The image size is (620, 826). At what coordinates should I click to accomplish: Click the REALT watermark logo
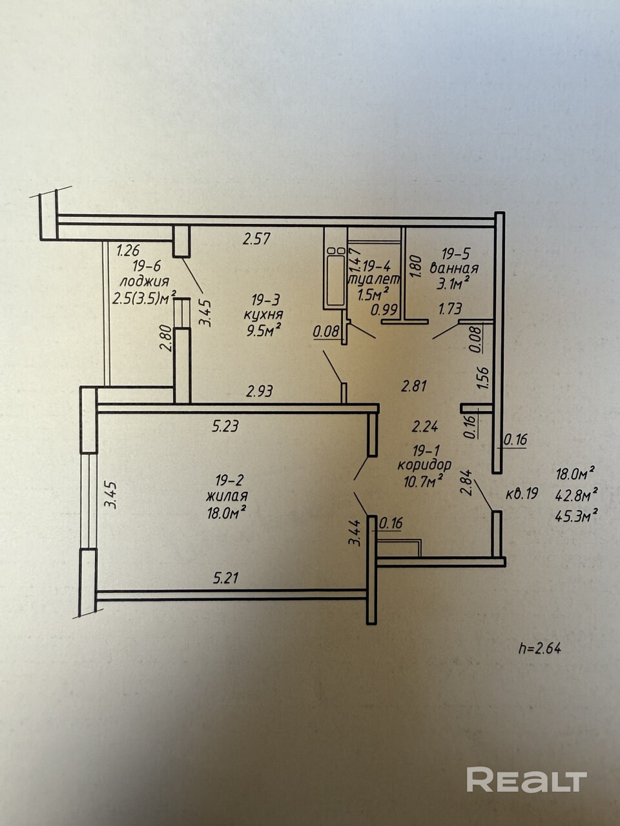[x=526, y=780]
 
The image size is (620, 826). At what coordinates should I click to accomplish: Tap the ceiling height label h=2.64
[x=539, y=648]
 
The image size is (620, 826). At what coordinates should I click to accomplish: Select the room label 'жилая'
[x=227, y=496]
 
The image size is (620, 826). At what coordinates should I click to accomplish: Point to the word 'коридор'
[x=424, y=465]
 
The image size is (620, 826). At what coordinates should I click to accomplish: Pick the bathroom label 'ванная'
[x=457, y=268]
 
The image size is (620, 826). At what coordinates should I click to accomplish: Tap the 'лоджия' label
[x=145, y=281]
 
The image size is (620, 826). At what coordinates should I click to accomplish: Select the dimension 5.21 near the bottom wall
[x=226, y=578]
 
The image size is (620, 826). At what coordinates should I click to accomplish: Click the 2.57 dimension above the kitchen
[x=256, y=239]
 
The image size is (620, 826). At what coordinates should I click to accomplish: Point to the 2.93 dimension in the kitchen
[x=259, y=391]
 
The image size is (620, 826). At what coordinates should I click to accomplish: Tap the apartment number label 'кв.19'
[x=521, y=495]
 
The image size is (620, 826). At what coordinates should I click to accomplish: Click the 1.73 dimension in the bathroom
[x=449, y=309]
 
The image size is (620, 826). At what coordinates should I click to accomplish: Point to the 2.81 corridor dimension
[x=415, y=387]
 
